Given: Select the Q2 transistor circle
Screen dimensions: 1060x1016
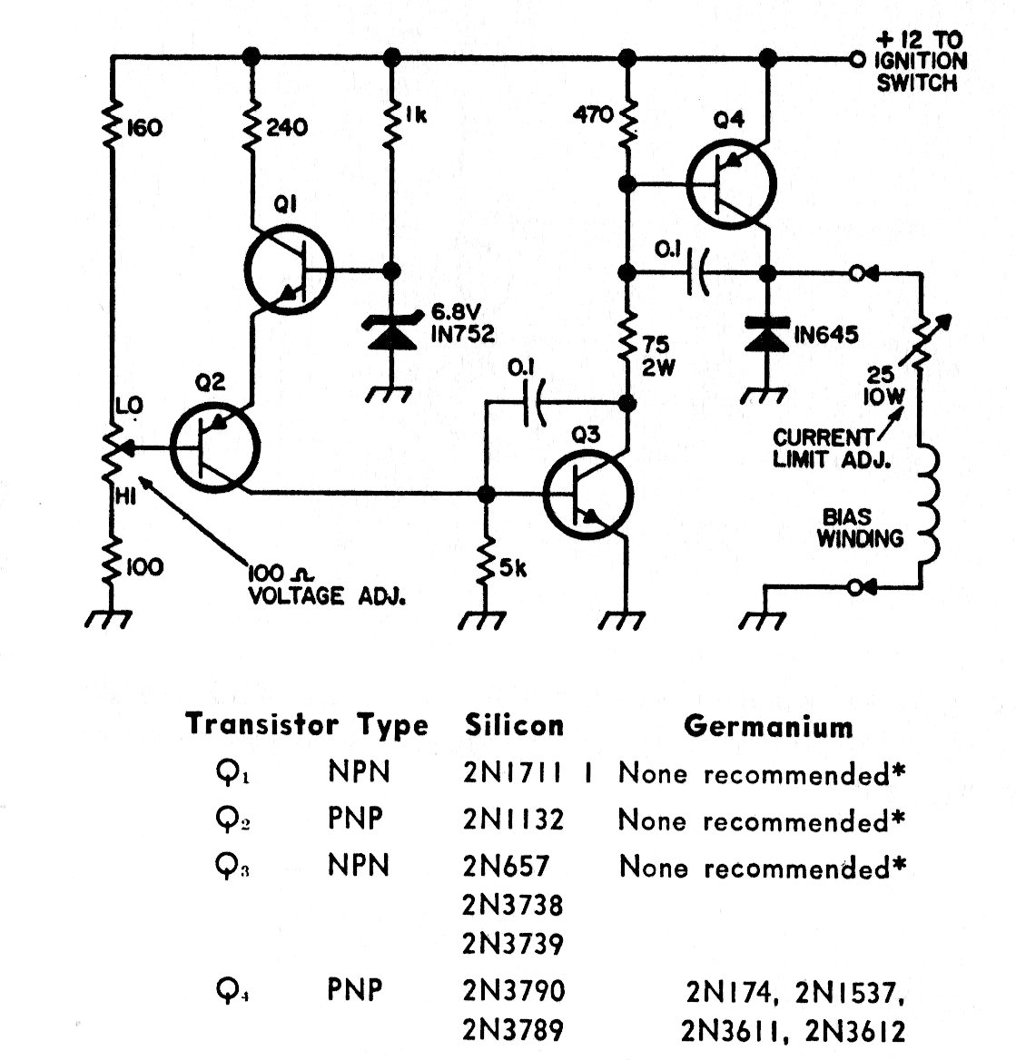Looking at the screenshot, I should (215, 447).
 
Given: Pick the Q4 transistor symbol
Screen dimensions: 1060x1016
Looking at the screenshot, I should (730, 185).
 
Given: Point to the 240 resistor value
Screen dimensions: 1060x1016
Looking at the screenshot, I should (286, 127).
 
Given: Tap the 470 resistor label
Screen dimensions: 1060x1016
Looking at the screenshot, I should (594, 116).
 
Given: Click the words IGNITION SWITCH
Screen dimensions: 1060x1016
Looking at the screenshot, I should (919, 72).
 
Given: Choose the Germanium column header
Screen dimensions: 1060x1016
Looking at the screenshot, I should (768, 726).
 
